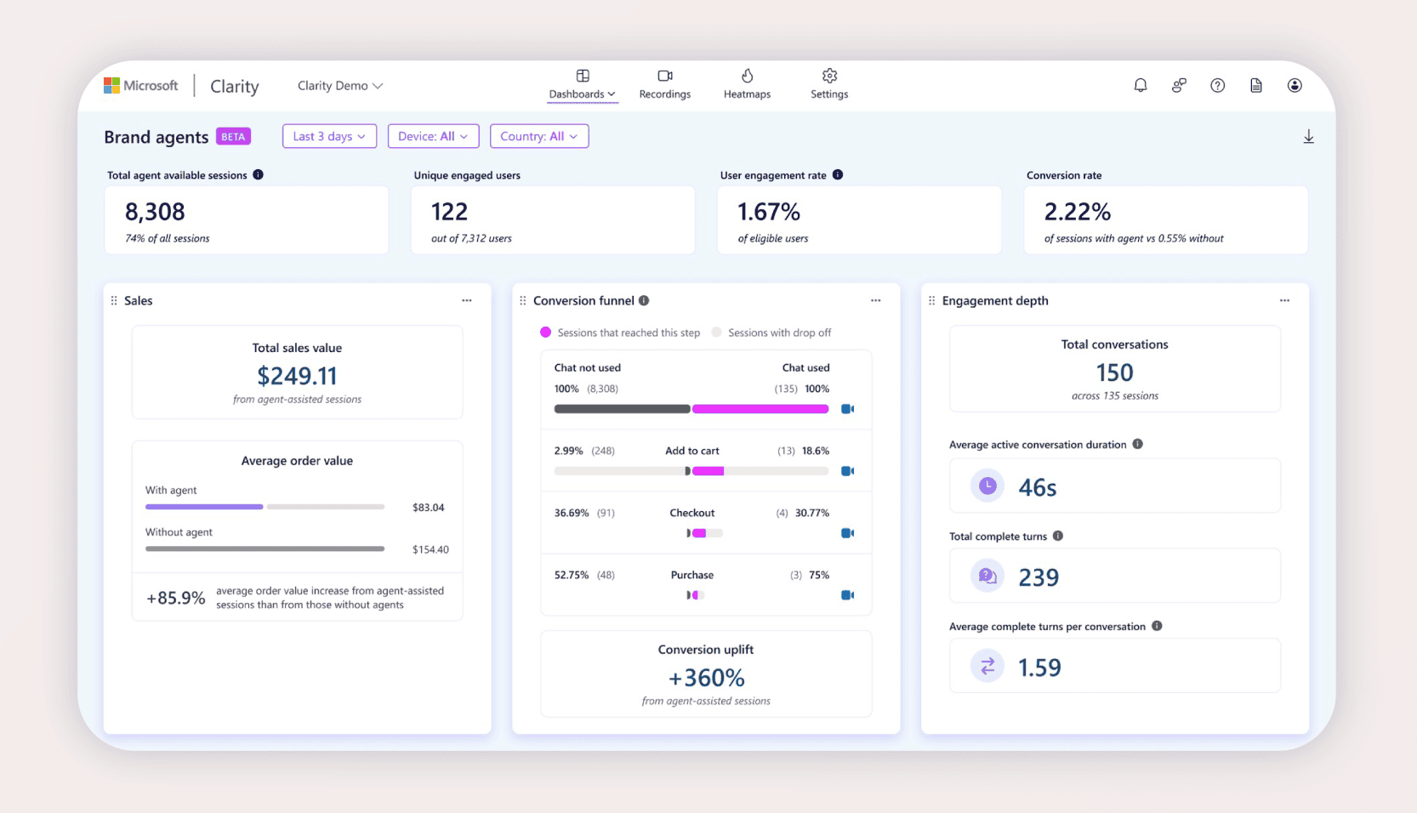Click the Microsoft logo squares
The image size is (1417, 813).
coord(111,85)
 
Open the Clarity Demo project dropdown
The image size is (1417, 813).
coord(339,86)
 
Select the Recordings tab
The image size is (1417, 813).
coord(664,84)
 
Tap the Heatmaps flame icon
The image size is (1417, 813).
coord(747,76)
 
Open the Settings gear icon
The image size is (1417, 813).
coord(829,76)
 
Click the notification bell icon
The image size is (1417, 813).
coord(1140,85)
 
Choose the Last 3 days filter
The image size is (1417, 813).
coord(329,136)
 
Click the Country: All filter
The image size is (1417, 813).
coord(538,136)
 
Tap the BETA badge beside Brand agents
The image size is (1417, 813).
coord(233,137)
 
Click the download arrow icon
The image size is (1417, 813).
coord(1308,137)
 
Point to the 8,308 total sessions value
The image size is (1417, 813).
coord(155,212)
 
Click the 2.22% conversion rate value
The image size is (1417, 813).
coord(1077,212)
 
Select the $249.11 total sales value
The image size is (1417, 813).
coord(297,376)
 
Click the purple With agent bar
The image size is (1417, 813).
coord(204,507)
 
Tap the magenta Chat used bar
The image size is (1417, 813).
coord(760,409)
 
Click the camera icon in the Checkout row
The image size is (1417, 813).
coord(847,533)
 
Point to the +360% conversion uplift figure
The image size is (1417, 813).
coord(706,678)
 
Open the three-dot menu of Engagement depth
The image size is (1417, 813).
coord(1284,300)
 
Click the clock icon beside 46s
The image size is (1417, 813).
coord(987,486)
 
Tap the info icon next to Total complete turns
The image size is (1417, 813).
coord(1058,536)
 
